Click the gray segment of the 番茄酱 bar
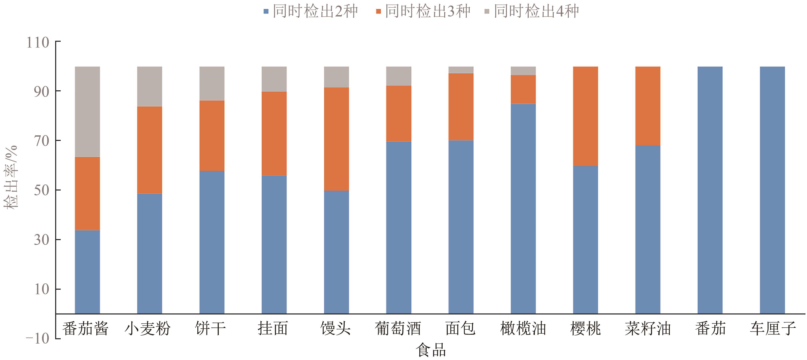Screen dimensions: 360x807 click(x=87, y=112)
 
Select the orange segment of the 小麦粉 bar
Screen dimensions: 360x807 click(x=150, y=150)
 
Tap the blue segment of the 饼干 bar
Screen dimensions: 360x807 click(x=212, y=242)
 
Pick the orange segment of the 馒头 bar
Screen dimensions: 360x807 click(x=337, y=139)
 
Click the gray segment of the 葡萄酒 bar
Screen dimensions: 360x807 click(x=399, y=76)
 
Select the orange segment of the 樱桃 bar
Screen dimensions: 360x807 click(x=586, y=116)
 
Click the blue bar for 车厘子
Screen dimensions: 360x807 click(x=772, y=190)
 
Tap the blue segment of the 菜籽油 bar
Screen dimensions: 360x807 click(x=648, y=229)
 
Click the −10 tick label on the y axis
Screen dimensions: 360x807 click(x=38, y=339)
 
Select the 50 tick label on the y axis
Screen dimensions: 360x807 click(x=42, y=190)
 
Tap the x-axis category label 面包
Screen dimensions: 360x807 click(x=461, y=329)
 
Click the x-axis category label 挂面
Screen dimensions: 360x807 click(x=273, y=329)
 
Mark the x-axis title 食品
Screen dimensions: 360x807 click(x=431, y=350)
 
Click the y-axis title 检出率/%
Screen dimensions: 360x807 click(x=11, y=177)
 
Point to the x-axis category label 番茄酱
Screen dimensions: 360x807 click(x=85, y=329)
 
